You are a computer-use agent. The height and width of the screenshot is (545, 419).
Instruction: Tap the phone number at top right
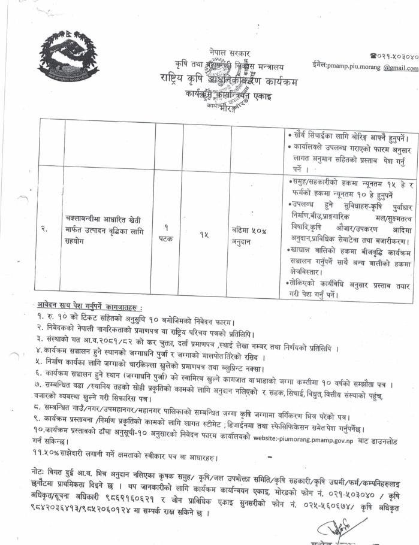393,56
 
